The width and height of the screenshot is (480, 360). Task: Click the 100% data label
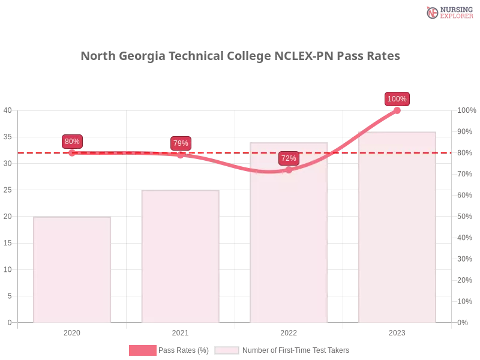coord(397,99)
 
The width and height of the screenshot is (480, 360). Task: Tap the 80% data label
coord(72,142)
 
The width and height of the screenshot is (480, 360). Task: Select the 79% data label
coord(181,143)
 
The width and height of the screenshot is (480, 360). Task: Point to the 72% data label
coord(289,158)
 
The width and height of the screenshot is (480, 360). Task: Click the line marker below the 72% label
coord(289,170)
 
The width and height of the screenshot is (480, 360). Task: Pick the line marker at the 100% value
coord(397,110)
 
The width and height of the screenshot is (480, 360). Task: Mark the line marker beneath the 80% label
coord(72,153)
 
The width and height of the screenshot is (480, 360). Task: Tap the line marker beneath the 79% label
coord(181,154)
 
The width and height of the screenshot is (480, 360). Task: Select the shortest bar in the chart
coord(72,270)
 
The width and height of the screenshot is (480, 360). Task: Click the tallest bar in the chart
coord(397,228)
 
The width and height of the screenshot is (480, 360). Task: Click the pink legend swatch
coord(142,350)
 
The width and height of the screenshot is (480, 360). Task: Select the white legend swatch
coord(227,350)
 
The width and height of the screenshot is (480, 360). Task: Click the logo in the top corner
coord(448,12)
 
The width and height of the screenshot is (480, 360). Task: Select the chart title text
coord(240,56)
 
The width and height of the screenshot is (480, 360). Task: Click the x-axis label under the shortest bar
coord(72,331)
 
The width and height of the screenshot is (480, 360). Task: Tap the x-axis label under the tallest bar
coord(397,331)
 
